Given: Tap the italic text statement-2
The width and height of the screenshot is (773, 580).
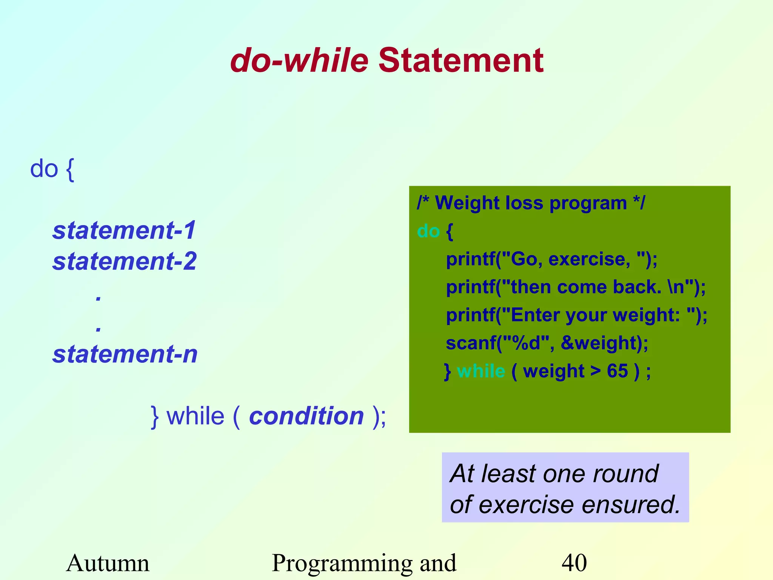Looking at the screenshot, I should coord(125,261).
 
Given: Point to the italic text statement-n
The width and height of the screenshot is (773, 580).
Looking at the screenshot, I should coord(125,354).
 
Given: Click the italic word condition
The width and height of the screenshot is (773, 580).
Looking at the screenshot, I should coord(306,416).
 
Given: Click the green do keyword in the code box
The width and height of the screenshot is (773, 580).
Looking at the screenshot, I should coord(428,231).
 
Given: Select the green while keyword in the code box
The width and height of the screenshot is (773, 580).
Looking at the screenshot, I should coord(481,371).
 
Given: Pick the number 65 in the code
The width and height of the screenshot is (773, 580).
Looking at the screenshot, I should coord(617,371).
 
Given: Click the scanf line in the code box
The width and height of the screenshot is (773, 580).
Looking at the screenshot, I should coord(547,343).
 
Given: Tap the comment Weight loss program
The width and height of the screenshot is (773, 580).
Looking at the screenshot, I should coord(531,203).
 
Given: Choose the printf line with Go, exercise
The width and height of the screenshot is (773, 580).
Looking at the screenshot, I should coord(551,259).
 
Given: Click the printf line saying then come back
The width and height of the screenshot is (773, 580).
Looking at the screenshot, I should coord(576,287).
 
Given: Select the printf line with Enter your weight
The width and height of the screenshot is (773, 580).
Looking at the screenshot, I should coord(576,315).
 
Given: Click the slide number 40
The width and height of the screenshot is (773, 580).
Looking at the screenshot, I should coord(574,563).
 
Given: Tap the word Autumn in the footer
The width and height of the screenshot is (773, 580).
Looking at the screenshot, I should coord(108,563).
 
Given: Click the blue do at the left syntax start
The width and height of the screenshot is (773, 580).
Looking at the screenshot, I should coord(44,168).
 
